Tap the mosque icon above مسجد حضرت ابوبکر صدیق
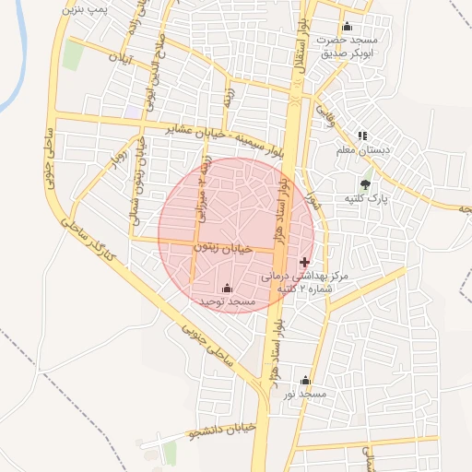click(347, 27)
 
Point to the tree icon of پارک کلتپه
click(366, 183)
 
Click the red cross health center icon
click(305, 262)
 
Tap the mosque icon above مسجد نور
click(306, 381)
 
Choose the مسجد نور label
click(306, 395)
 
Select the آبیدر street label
click(121, 56)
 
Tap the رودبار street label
click(115, 161)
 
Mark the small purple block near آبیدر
click(136, 111)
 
